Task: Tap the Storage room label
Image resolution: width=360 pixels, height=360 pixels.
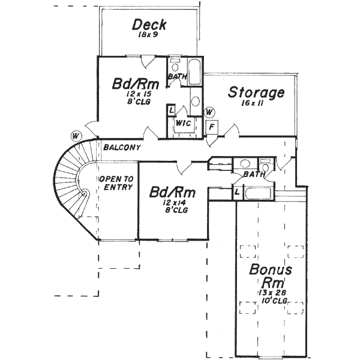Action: coord(256,93)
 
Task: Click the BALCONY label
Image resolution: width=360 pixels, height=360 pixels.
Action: coord(122,148)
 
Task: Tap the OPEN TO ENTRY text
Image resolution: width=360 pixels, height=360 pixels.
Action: coord(115,183)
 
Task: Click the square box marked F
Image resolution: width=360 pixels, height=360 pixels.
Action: coord(212,127)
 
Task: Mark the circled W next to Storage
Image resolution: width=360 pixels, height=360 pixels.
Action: coord(209,112)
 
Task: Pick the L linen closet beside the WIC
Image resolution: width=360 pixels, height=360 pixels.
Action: coord(172,111)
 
